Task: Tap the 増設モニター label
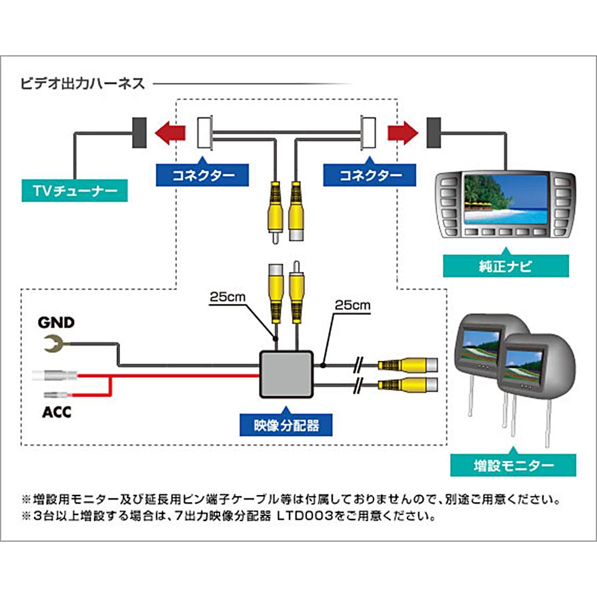pos(512,464)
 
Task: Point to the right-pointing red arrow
pos(402,133)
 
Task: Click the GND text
pos(56,323)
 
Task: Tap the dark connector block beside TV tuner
pos(141,133)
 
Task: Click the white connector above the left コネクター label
pos(205,133)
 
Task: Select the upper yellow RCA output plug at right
pos(408,365)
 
